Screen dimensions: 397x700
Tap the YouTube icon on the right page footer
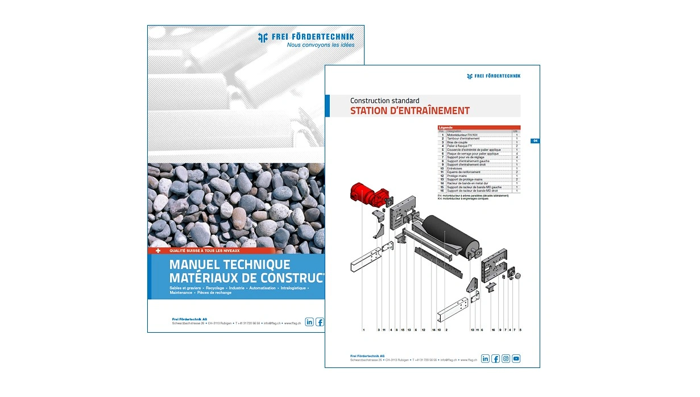(516, 358)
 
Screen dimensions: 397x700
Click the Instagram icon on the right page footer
(506, 358)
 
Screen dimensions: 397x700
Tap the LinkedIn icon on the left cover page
(309, 322)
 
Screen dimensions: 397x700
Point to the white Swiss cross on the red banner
(158, 250)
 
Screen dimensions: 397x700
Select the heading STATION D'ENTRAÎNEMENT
(409, 111)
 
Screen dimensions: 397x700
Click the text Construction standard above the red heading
(384, 101)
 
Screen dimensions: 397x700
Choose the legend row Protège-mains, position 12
(458, 176)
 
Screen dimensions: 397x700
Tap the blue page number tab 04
(535, 140)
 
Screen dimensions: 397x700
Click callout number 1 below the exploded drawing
(363, 330)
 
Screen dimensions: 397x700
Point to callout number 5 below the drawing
(520, 330)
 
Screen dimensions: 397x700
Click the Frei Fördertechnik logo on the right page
(493, 76)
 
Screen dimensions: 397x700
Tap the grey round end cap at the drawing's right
(518, 276)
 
